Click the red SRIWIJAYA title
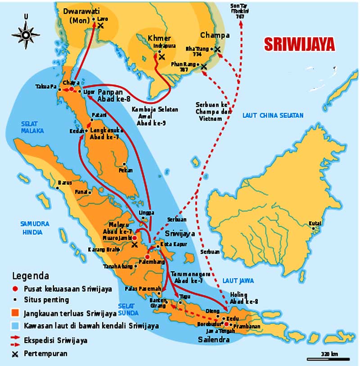click(299, 44)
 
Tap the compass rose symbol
click(26, 34)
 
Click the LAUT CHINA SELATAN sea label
click(273, 116)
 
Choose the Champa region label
click(215, 35)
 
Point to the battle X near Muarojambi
click(134, 245)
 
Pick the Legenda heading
click(31, 276)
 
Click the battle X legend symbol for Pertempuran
click(15, 354)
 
